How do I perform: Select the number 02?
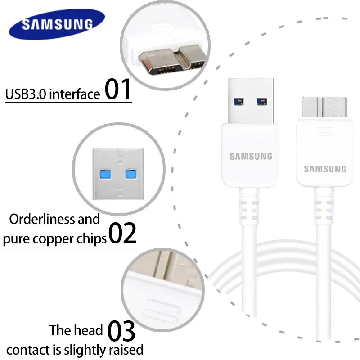pos(122,233)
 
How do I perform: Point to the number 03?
pos(121,332)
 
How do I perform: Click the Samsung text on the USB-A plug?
pos(251,157)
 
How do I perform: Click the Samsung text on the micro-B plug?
pos(325,169)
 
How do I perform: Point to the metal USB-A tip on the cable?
pos(251,101)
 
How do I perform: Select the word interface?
pos(74,94)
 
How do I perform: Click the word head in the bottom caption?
pos(89,331)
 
